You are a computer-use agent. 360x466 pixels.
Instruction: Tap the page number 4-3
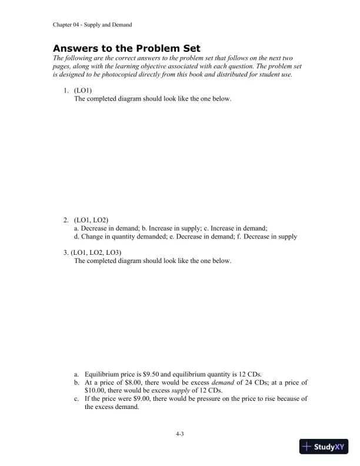click(x=180, y=434)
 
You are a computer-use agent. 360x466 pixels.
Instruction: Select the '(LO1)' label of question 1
click(x=84, y=90)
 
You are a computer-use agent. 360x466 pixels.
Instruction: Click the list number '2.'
click(x=66, y=220)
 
